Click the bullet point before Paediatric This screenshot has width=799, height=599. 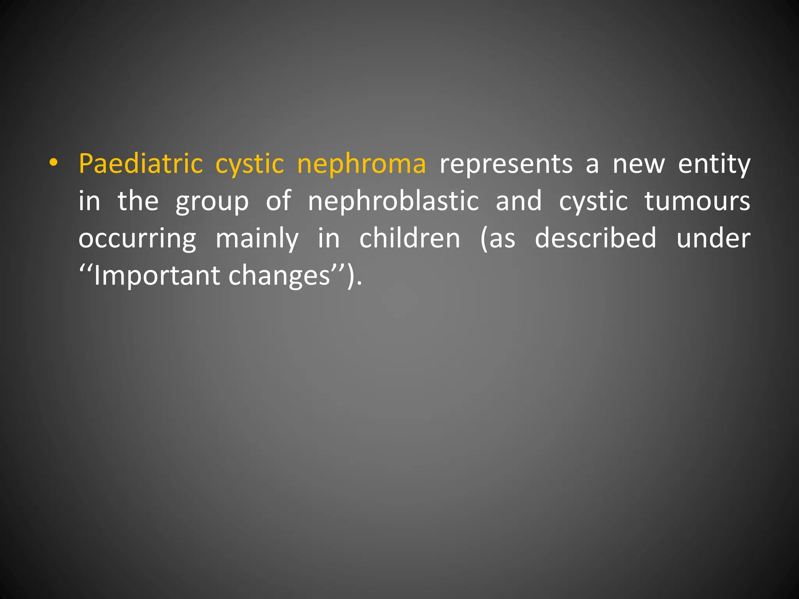[x=53, y=164]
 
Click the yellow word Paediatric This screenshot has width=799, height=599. [x=140, y=164]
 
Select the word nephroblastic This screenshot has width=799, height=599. [x=393, y=201]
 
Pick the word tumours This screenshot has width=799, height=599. [x=697, y=201]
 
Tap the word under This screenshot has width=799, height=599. [x=713, y=239]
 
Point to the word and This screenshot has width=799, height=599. [x=518, y=201]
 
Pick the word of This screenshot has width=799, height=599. [x=278, y=201]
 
